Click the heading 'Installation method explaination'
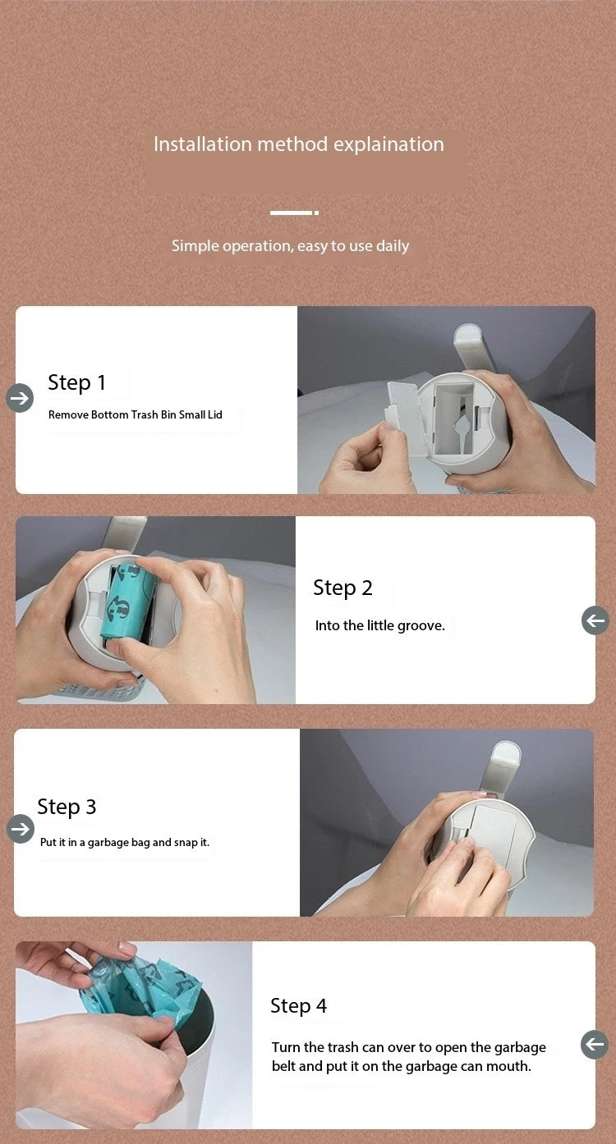tap(298, 144)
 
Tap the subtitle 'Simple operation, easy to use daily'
tap(291, 246)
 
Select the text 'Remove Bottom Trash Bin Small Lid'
tap(136, 414)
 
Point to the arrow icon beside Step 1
tap(20, 398)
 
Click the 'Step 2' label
tap(342, 588)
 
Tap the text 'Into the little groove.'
tap(379, 625)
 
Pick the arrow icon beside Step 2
tap(595, 620)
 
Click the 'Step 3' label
tap(67, 808)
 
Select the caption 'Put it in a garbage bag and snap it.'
tap(125, 842)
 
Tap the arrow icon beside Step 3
tap(21, 828)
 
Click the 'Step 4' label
tap(298, 1006)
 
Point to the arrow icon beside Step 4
tap(595, 1045)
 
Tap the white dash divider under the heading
tap(294, 213)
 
